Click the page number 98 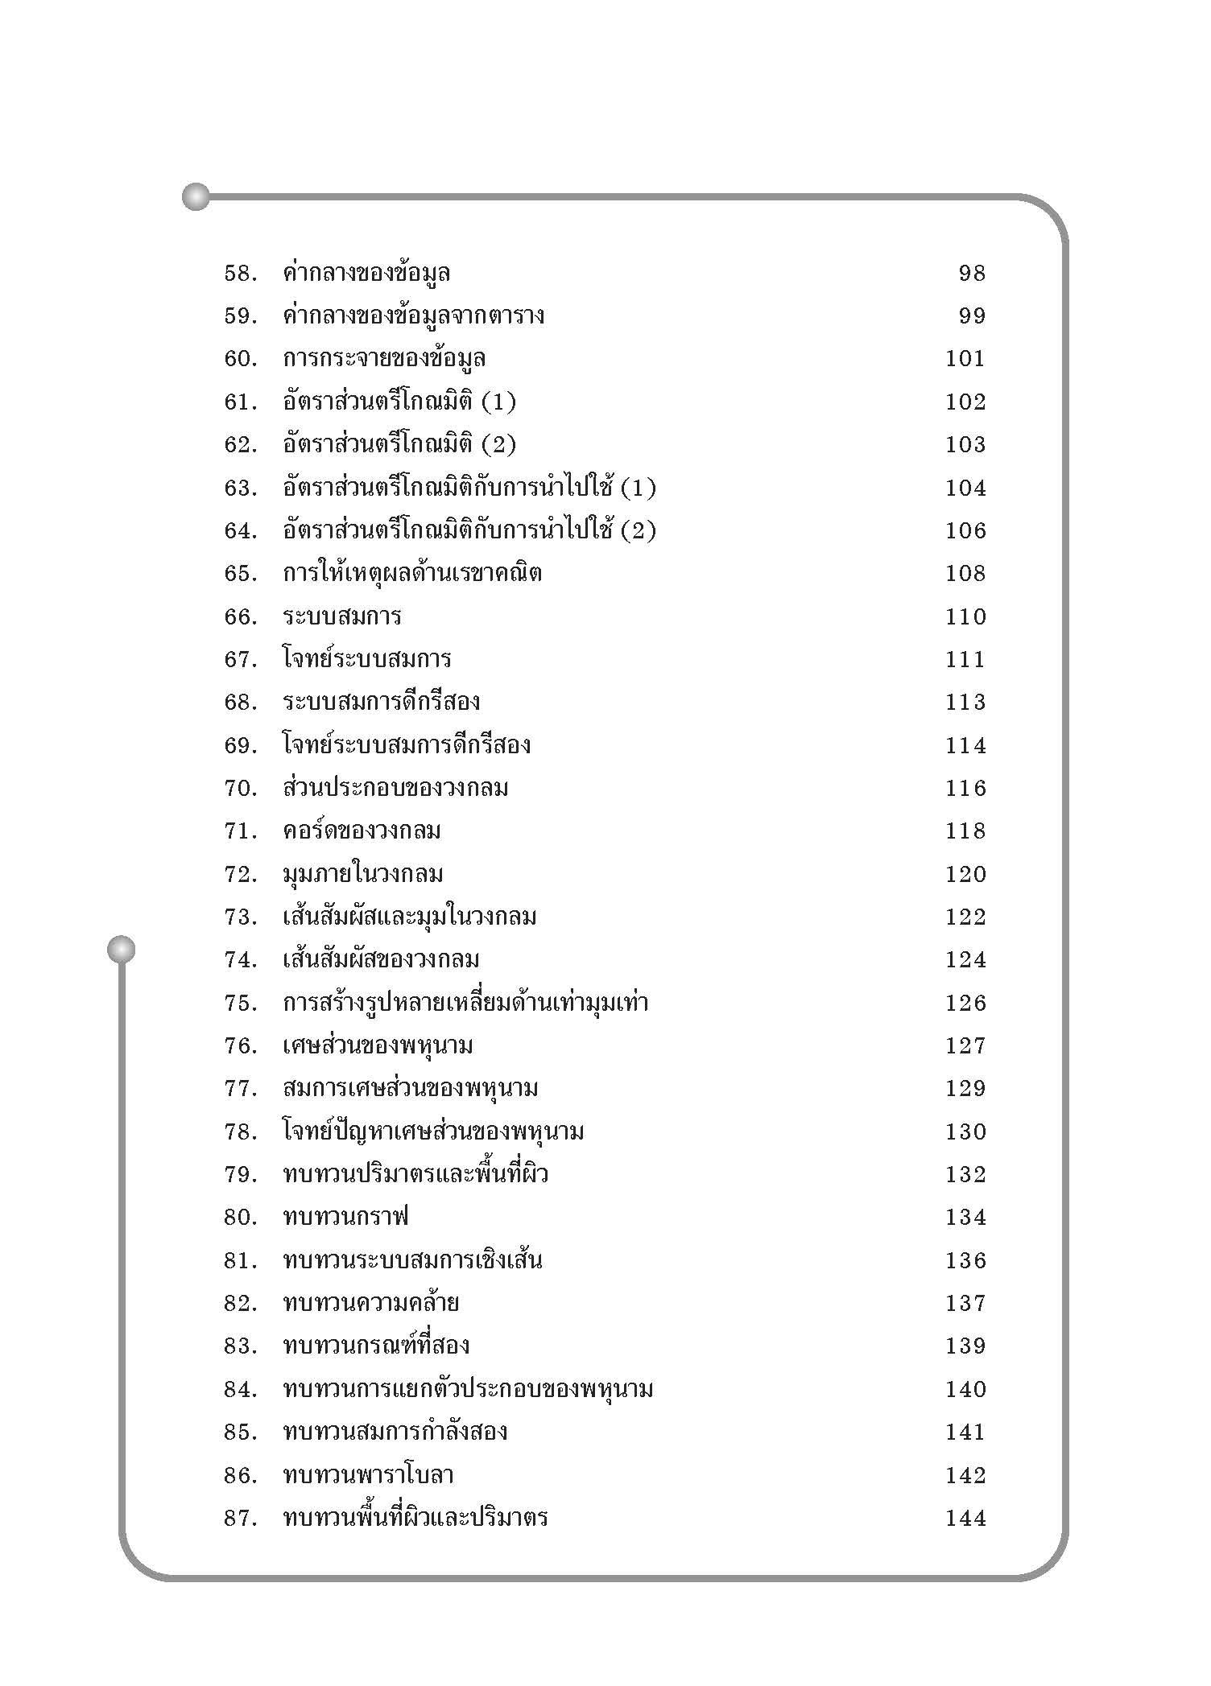(x=972, y=274)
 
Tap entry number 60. (x=240, y=359)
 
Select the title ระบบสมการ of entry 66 (x=342, y=616)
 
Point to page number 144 (x=965, y=1519)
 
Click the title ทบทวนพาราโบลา (x=369, y=1475)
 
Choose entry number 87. (x=240, y=1519)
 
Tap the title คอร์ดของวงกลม (x=362, y=831)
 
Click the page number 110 (x=965, y=616)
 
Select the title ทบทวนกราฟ (x=346, y=1217)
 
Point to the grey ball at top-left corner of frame (x=196, y=196)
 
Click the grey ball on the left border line (x=121, y=950)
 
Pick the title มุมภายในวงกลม (x=363, y=874)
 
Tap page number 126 (x=965, y=1003)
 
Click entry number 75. (x=240, y=1003)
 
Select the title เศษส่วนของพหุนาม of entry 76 (x=378, y=1046)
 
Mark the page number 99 (x=972, y=316)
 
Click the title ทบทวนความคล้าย (x=371, y=1303)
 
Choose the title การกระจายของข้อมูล (x=384, y=359)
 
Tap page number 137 (x=965, y=1303)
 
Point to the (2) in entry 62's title (x=498, y=444)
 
